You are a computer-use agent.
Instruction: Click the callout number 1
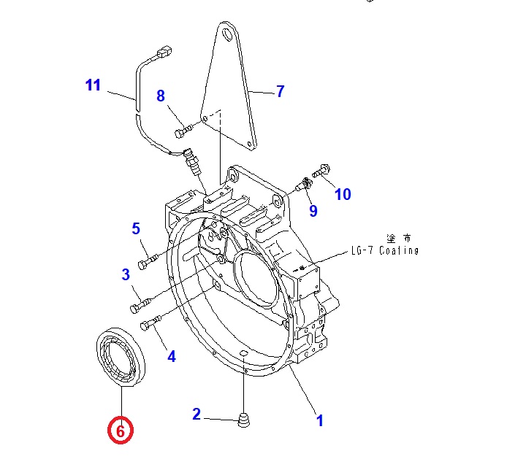pyautogui.click(x=319, y=420)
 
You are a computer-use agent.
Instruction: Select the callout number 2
pyautogui.click(x=197, y=414)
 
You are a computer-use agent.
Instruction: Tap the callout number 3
pyautogui.click(x=126, y=274)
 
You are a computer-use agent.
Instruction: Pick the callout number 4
pyautogui.click(x=172, y=356)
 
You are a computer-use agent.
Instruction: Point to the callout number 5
pyautogui.click(x=136, y=229)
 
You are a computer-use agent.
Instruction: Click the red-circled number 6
pyautogui.click(x=121, y=431)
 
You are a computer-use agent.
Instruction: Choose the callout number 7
pyautogui.click(x=279, y=91)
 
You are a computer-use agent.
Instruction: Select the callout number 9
pyautogui.click(x=313, y=211)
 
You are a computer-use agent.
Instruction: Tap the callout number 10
pyautogui.click(x=343, y=194)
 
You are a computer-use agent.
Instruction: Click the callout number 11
pyautogui.click(x=93, y=85)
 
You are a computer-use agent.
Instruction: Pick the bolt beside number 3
pyautogui.click(x=140, y=298)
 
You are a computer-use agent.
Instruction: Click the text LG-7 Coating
pyautogui.click(x=385, y=251)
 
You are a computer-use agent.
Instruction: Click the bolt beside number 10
pyautogui.click(x=322, y=172)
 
